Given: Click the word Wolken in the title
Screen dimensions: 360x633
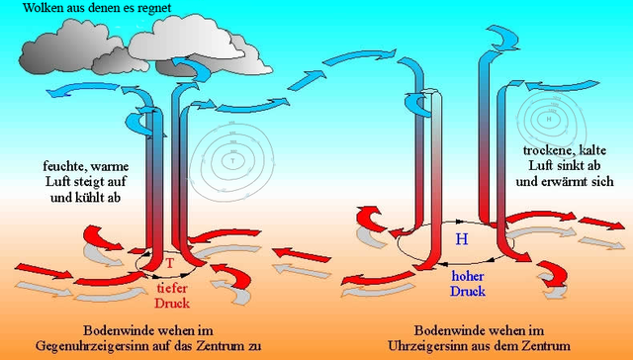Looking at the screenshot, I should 29,10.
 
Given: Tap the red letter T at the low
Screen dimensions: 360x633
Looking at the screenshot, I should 169,264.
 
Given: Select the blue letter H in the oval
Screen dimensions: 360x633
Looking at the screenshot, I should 461,239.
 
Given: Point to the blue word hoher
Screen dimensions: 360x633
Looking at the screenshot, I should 467,277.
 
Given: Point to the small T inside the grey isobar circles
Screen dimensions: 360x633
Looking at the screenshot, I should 233,159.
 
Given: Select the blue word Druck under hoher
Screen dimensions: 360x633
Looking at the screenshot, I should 467,292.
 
